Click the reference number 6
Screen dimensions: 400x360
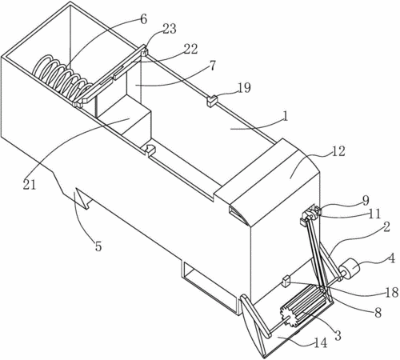click(143, 19)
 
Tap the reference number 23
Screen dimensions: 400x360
click(169, 29)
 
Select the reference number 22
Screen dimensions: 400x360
click(190, 49)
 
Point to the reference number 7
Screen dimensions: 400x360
click(212, 66)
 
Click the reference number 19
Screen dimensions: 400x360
click(244, 88)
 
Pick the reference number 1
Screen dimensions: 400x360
click(286, 116)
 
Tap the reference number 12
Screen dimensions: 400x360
click(338, 151)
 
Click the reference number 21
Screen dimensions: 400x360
click(30, 185)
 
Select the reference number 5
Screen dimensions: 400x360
click(98, 246)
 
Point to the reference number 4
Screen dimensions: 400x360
click(391, 258)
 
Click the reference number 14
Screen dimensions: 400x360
click(320, 343)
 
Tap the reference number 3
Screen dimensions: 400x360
click(338, 335)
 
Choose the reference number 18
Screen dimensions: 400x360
click(392, 293)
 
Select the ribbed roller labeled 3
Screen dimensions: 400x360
click(303, 306)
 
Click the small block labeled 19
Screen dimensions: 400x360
click(212, 101)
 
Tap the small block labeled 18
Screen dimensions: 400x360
click(286, 281)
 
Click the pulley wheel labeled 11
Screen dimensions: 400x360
click(310, 214)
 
